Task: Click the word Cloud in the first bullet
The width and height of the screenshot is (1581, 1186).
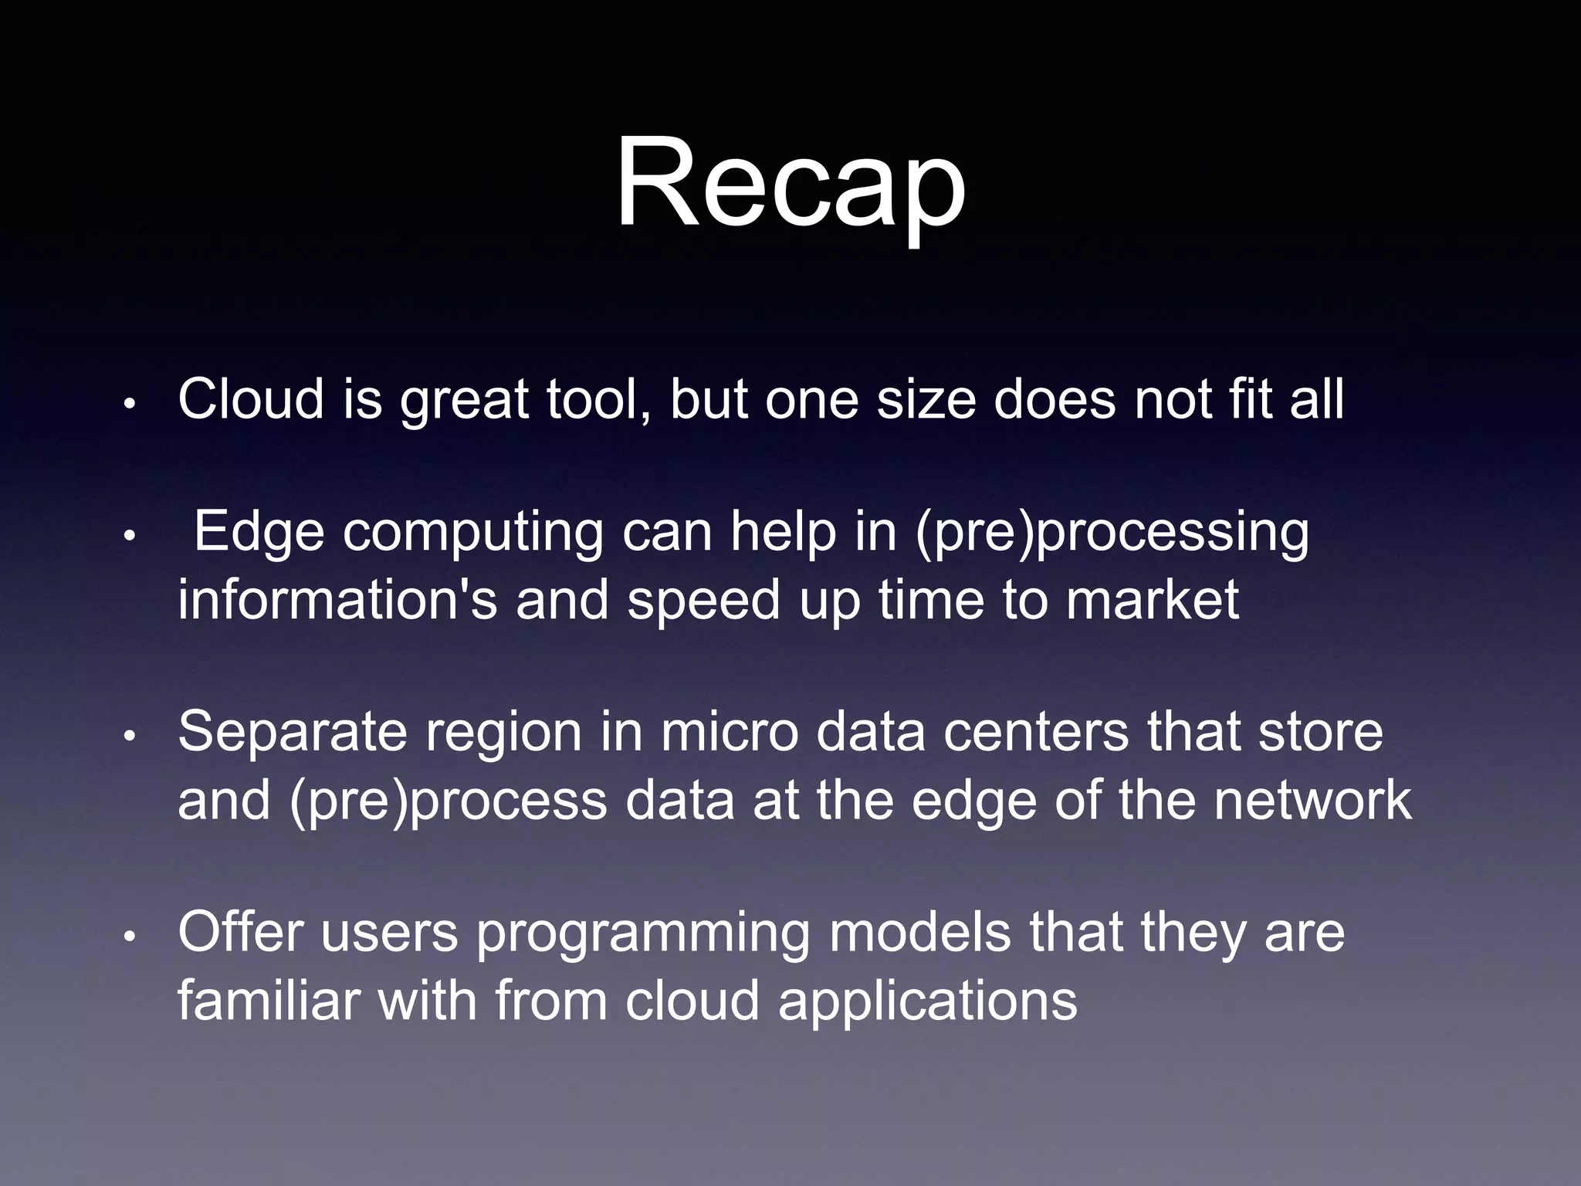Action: tap(251, 399)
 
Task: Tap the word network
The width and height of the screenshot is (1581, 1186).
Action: tap(1312, 800)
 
